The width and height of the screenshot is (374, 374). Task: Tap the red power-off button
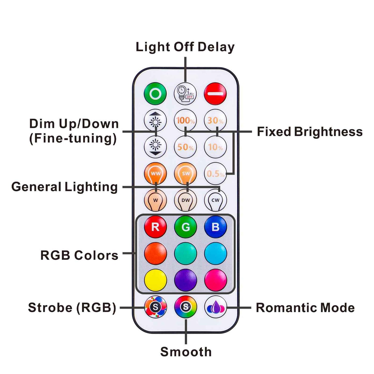click(215, 94)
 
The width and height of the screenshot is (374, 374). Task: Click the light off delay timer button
click(185, 94)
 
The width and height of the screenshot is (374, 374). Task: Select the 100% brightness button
click(185, 120)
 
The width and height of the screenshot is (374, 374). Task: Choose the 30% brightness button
click(215, 120)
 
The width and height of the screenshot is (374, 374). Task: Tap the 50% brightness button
click(185, 147)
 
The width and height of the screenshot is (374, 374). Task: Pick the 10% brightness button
click(215, 147)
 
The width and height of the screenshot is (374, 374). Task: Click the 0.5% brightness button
click(215, 173)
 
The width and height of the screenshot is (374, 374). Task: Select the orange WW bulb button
click(155, 173)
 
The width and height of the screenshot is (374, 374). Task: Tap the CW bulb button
click(215, 200)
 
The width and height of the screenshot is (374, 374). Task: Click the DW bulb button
click(185, 200)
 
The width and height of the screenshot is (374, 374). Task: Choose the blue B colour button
click(215, 227)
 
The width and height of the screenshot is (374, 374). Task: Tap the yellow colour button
click(155, 280)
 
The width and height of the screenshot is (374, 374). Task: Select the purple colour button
click(185, 280)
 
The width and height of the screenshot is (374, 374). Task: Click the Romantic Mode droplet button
click(215, 307)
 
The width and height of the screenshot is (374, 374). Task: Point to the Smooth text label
click(186, 352)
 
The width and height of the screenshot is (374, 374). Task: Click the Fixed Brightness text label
click(310, 131)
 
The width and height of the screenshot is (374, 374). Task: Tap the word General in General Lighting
click(36, 187)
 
